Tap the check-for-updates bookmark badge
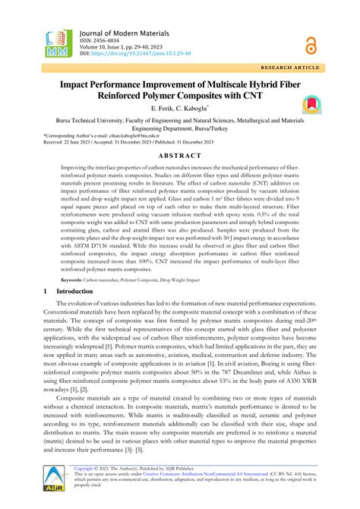310,104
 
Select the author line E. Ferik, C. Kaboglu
179,110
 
